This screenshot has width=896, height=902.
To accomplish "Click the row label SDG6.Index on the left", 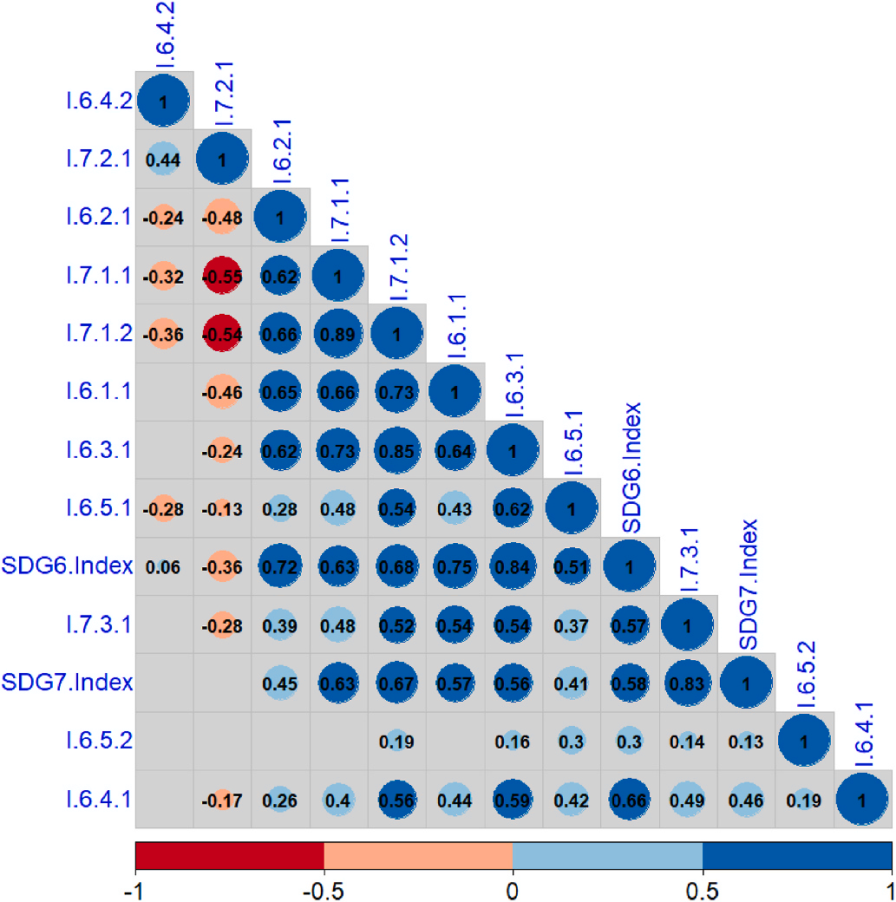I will pyautogui.click(x=67, y=566).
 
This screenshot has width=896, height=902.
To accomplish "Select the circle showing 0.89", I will pyautogui.click(x=338, y=334).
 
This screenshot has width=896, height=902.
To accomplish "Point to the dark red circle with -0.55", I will pyautogui.click(x=222, y=276).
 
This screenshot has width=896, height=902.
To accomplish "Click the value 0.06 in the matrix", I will pyautogui.click(x=163, y=566).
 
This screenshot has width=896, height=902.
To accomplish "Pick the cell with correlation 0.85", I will pyautogui.click(x=396, y=450).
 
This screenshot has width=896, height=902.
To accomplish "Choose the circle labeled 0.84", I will pyautogui.click(x=513, y=566).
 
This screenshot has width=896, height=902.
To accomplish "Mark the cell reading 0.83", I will pyautogui.click(x=687, y=683).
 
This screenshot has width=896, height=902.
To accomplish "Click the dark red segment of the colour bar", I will pyautogui.click(x=230, y=855).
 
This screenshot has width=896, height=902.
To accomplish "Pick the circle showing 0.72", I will pyautogui.click(x=280, y=566).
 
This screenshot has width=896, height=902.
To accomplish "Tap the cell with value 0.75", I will pyautogui.click(x=455, y=566).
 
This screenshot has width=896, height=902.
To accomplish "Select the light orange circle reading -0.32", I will pyautogui.click(x=163, y=276).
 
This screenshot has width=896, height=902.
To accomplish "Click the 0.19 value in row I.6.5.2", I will pyautogui.click(x=396, y=741).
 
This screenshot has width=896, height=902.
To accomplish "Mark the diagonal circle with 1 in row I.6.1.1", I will pyautogui.click(x=455, y=392).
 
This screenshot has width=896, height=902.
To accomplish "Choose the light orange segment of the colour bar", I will pyautogui.click(x=418, y=855).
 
